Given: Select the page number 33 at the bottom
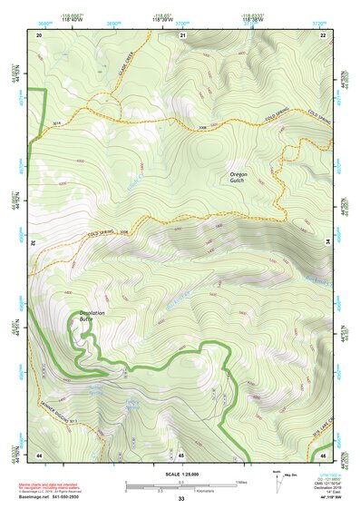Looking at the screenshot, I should pyautogui.click(x=181, y=499).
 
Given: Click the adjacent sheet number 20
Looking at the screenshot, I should pyautogui.click(x=39, y=34).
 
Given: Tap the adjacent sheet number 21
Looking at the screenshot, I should pyautogui.click(x=182, y=34).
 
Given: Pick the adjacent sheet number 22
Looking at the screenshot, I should pyautogui.click(x=324, y=34).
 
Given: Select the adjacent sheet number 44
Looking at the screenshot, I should pyautogui.click(x=39, y=454).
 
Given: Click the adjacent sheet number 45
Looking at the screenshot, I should pyautogui.click(x=181, y=454).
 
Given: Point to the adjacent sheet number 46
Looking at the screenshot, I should pyautogui.click(x=324, y=454).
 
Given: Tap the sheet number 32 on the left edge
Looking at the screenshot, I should pyautogui.click(x=33, y=243).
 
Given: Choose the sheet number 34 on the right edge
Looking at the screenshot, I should pyautogui.click(x=331, y=243).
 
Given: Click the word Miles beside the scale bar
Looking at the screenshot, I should pyautogui.click(x=241, y=482).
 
